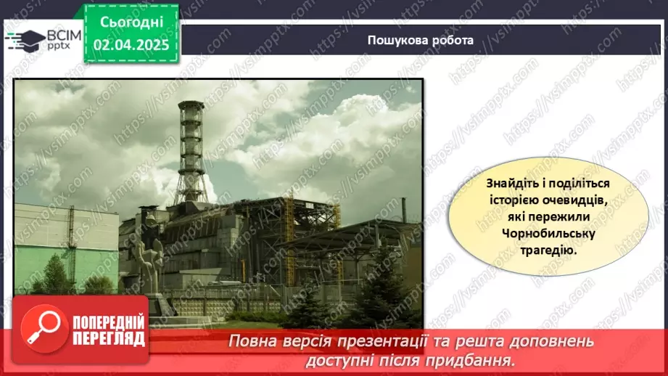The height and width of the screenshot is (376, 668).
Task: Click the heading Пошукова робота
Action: point(420,41)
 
